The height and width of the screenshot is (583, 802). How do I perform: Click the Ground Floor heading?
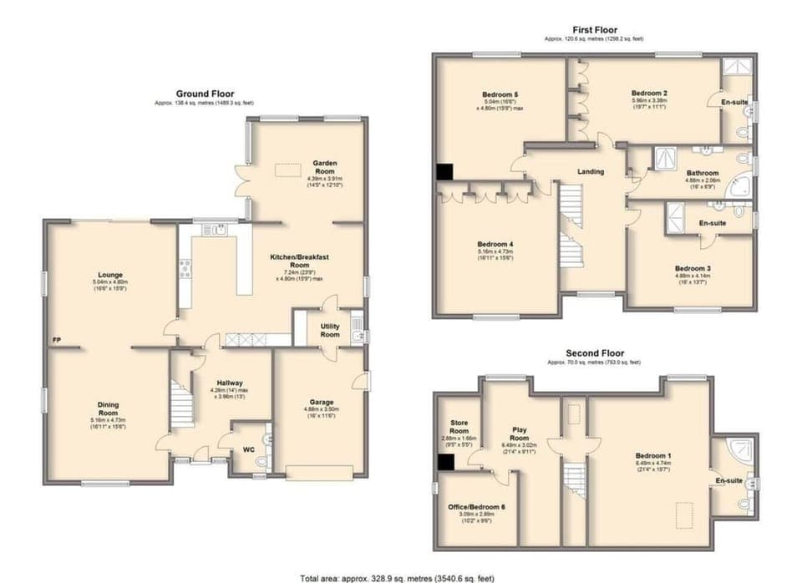[x=205, y=94]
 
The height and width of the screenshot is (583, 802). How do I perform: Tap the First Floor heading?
[x=594, y=30]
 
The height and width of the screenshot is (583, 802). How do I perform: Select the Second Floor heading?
[x=594, y=353]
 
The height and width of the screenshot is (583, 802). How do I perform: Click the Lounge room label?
[x=109, y=275]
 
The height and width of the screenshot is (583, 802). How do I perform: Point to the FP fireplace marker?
[x=56, y=341]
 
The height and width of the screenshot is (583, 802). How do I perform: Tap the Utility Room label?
[x=329, y=329]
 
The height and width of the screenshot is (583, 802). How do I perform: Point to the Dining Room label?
[x=109, y=408]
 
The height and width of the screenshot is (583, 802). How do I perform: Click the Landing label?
[x=591, y=172]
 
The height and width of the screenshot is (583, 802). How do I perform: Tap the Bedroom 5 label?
[x=500, y=94]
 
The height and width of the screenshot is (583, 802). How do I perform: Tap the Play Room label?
[x=520, y=433]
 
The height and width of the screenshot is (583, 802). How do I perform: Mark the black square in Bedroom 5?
[x=443, y=171]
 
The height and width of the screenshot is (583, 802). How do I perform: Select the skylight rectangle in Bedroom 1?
[x=683, y=511]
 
